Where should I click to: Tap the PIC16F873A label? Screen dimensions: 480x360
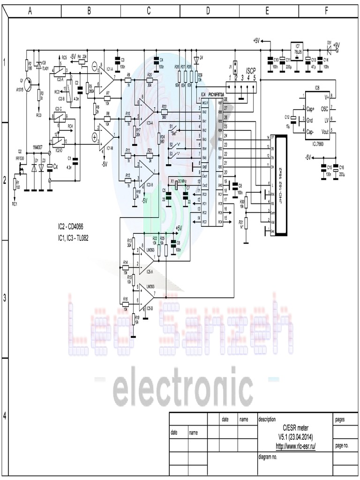pos(219,94)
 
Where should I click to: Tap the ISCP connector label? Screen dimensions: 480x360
pos(250,70)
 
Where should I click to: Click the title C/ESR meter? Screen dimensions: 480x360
pos(295,428)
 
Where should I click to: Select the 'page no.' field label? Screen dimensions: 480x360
pos(342,446)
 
